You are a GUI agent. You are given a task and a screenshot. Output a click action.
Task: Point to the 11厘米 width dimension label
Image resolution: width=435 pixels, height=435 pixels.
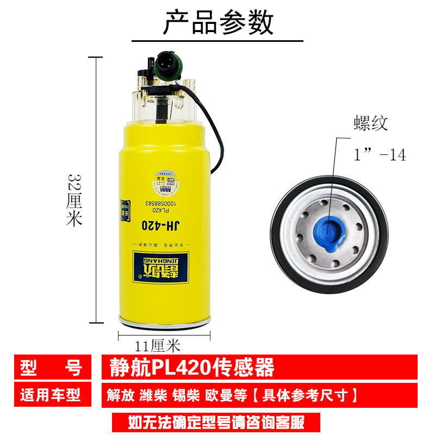(157, 345)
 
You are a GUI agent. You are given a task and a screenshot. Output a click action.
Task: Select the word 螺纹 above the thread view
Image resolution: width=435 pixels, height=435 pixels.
(370, 123)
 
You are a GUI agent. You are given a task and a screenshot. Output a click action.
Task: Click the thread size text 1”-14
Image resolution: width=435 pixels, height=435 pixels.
(380, 155)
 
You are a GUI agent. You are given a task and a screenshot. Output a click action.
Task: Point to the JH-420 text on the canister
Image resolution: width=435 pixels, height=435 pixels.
(159, 224)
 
